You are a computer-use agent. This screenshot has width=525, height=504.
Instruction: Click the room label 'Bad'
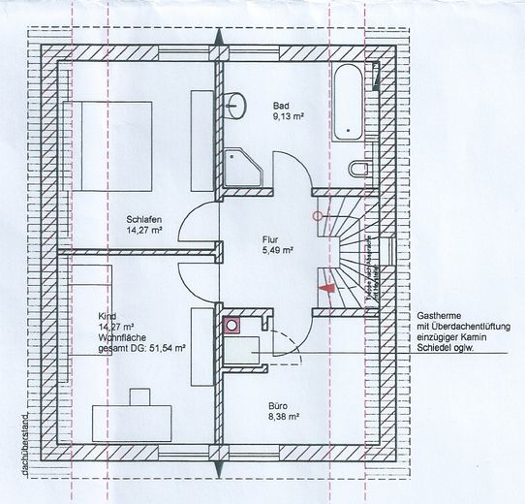pyautogui.click(x=281, y=105)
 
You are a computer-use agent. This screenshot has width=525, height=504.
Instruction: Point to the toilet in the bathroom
pyautogui.click(x=360, y=170)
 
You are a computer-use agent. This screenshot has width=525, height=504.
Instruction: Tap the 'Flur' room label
pyautogui.click(x=269, y=237)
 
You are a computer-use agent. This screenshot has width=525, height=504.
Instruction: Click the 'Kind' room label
pyautogui.click(x=107, y=317)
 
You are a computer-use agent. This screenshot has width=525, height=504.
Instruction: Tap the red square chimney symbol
pyautogui.click(x=232, y=326)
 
